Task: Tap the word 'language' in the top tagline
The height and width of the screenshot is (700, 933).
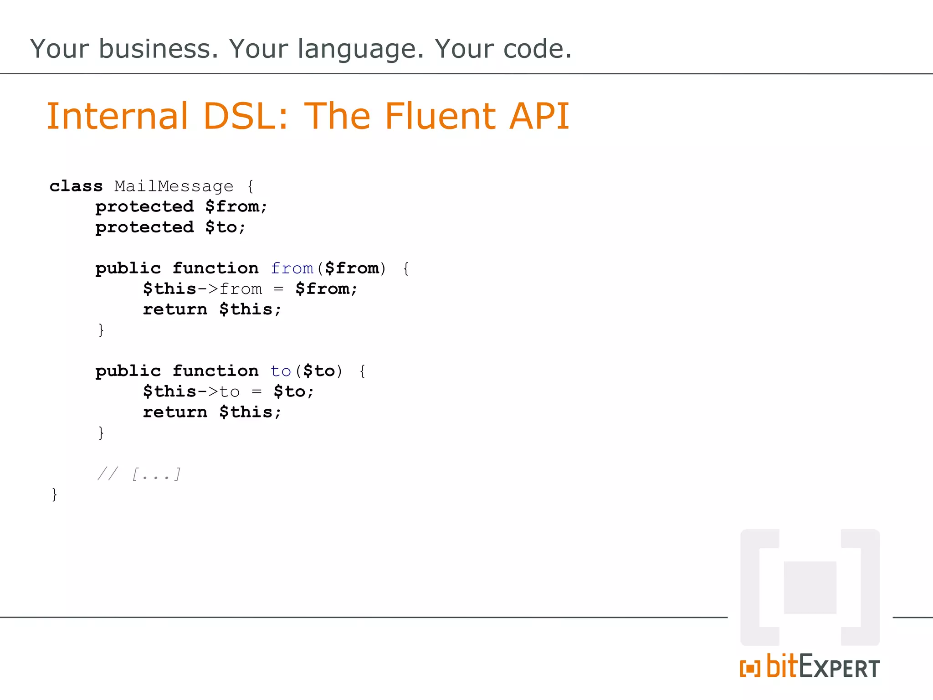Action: (x=361, y=50)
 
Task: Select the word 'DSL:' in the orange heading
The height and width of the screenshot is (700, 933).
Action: (x=246, y=116)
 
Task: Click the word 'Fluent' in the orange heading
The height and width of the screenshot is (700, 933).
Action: (x=441, y=116)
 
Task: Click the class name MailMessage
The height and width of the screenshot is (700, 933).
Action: (x=174, y=186)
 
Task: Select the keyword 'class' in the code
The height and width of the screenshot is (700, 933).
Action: (x=76, y=186)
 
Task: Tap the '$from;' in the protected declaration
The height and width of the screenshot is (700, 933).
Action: (x=236, y=207)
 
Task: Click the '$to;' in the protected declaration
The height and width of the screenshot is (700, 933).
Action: (x=225, y=227)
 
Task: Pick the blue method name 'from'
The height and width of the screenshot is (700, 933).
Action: (x=292, y=268)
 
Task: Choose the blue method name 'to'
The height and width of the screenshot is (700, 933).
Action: (x=281, y=371)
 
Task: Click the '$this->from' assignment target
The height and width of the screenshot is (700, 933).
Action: (x=202, y=289)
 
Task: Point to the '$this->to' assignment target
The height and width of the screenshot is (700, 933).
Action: (x=191, y=391)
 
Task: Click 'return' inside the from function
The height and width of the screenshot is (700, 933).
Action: (x=175, y=309)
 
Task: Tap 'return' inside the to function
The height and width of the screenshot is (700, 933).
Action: (x=175, y=412)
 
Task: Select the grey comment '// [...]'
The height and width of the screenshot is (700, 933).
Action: (x=139, y=474)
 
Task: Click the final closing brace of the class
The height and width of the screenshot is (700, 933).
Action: (x=55, y=494)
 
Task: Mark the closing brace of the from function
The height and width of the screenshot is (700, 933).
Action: (x=101, y=330)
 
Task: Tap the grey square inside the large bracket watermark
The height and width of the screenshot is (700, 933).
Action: (x=810, y=587)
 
